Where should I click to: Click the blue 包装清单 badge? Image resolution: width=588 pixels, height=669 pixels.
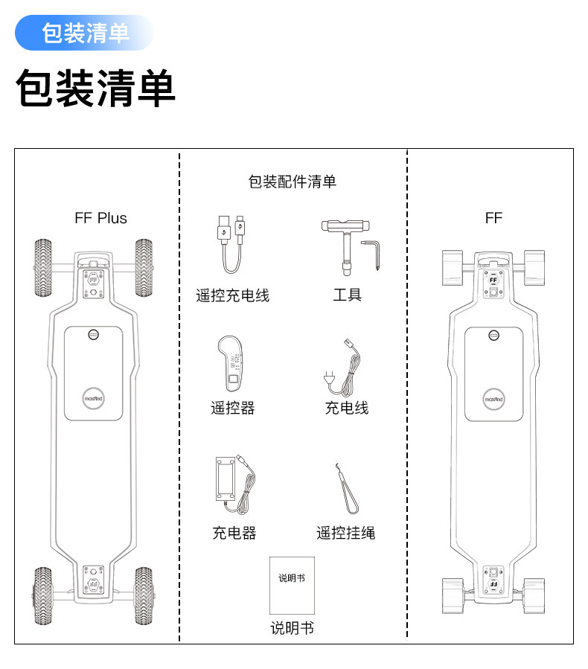click(x=85, y=33)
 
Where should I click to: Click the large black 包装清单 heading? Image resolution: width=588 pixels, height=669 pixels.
click(x=96, y=89)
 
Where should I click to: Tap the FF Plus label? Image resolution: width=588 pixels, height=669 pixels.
click(x=101, y=218)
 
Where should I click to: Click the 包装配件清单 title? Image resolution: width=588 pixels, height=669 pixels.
click(x=292, y=181)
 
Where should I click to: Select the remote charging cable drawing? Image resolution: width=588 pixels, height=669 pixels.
click(x=231, y=245)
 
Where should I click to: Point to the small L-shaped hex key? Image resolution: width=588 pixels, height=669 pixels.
click(x=376, y=253)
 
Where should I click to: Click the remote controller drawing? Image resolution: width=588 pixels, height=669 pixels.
click(x=232, y=364)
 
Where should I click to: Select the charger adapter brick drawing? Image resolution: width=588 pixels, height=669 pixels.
click(x=233, y=484)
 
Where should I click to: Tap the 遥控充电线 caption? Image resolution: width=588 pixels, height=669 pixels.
click(x=232, y=295)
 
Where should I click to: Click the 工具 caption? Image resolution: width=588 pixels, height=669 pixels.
click(x=347, y=295)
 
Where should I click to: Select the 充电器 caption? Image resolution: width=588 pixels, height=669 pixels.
click(x=234, y=533)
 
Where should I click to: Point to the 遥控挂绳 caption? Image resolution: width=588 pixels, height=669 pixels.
click(x=345, y=533)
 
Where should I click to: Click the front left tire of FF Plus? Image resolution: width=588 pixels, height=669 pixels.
click(x=45, y=268)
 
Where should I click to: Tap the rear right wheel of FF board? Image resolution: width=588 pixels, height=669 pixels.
click(x=534, y=595)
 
